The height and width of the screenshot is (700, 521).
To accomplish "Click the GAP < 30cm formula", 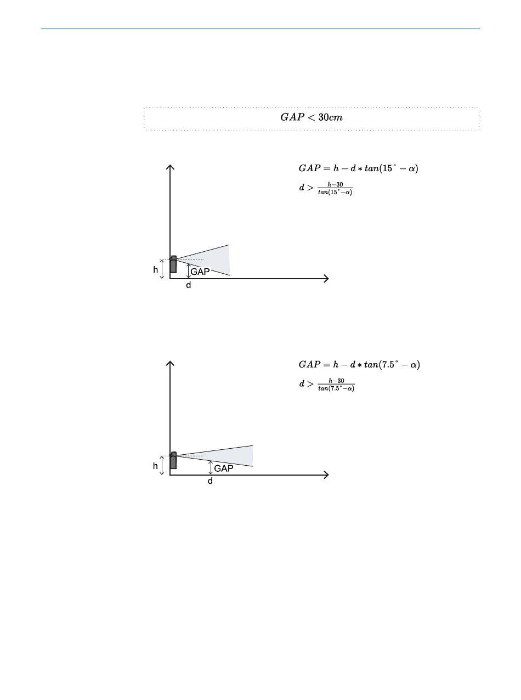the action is pyautogui.click(x=312, y=117).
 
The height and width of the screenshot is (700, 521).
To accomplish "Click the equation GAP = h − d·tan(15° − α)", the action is pyautogui.click(x=359, y=168).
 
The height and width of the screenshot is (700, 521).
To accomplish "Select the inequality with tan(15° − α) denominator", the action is pyautogui.click(x=326, y=188).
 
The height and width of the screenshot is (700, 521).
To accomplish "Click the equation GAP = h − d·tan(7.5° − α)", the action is pyautogui.click(x=359, y=364).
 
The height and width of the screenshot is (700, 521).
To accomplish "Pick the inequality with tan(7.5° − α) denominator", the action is pyautogui.click(x=327, y=385).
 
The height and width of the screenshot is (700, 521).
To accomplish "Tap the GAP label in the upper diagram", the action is pyautogui.click(x=200, y=272).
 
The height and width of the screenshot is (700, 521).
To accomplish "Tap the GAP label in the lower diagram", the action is pyautogui.click(x=224, y=468).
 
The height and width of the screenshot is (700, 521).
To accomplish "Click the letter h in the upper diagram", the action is pyautogui.click(x=156, y=270).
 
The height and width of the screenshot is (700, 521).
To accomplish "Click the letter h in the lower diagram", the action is pyautogui.click(x=155, y=466).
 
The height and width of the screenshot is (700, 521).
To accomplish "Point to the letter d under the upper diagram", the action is pyautogui.click(x=189, y=285).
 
